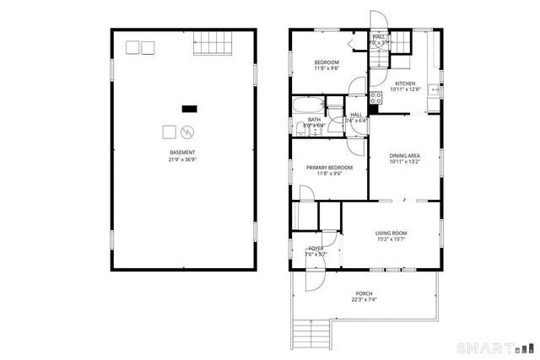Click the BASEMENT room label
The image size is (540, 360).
182,153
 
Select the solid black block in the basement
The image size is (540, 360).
190,108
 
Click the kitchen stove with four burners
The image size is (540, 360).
375,98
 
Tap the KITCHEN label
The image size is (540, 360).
405,83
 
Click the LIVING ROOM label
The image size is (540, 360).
391,233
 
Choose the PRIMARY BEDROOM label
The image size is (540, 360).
329,168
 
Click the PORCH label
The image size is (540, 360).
364,293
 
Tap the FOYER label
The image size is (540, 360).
316,248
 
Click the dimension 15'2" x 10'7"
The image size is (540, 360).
391,239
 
